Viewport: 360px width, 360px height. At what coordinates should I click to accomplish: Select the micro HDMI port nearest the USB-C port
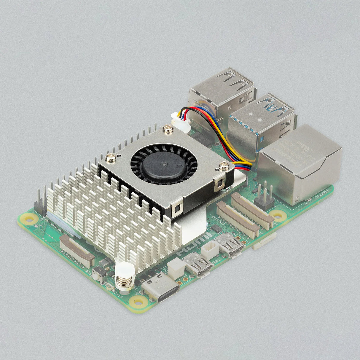click(198, 264)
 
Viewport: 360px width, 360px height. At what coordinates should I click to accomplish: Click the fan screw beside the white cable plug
click(166, 129)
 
